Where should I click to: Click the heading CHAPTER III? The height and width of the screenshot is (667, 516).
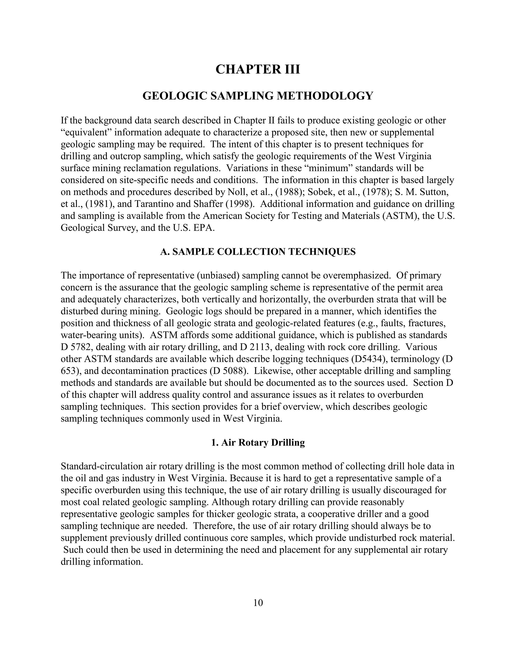coord(258,69)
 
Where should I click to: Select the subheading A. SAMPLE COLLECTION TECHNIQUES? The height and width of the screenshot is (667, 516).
coord(258,252)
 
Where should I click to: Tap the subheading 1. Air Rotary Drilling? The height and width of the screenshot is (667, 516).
coord(258,442)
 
